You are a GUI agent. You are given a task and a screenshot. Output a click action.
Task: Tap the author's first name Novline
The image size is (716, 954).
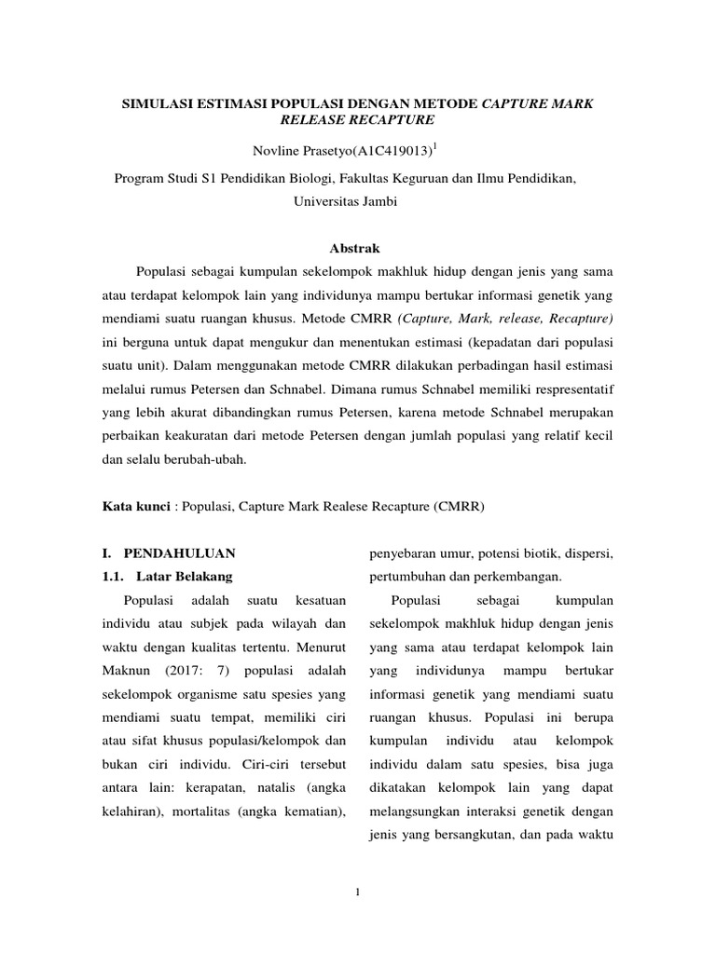point(279,152)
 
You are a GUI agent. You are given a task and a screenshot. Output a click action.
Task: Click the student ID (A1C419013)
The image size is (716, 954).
point(382,152)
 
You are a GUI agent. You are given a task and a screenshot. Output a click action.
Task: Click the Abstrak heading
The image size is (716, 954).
point(356,248)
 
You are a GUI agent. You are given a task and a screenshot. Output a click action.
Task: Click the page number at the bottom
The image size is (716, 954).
point(357,893)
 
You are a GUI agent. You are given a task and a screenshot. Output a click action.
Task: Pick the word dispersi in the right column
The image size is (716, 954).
point(585,554)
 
